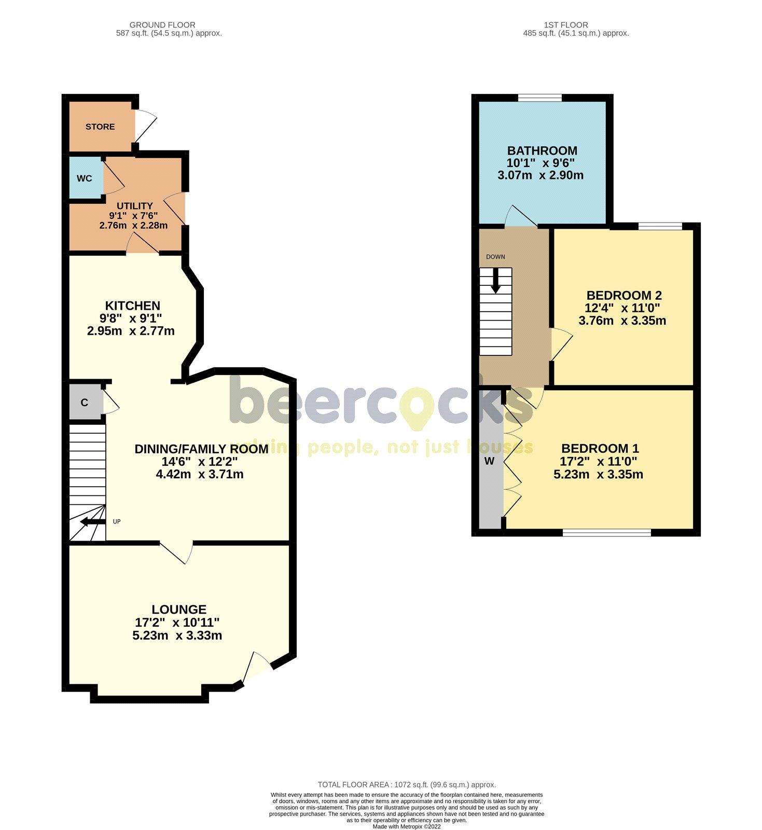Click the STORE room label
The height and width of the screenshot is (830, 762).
point(100,127)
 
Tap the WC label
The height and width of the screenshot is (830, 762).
point(85,178)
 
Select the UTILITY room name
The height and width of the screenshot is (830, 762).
point(135,206)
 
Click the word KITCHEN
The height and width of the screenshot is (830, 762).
point(133,306)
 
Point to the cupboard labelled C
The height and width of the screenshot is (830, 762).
point(85,403)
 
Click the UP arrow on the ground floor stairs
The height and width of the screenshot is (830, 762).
point(93,521)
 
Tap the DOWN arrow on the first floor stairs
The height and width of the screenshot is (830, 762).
point(496,281)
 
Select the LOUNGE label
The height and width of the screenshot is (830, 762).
point(179,610)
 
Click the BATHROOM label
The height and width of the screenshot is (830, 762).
point(542,150)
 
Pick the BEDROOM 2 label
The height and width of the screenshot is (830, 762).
point(624,295)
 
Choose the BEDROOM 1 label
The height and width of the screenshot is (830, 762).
point(600,448)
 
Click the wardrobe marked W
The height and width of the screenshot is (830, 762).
point(489,461)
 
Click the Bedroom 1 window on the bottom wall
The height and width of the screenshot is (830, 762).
point(607,532)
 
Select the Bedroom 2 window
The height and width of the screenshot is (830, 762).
point(660,226)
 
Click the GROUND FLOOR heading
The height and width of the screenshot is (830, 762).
point(162,25)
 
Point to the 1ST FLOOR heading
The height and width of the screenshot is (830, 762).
point(566,25)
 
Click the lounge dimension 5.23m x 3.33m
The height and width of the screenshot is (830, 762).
point(177,635)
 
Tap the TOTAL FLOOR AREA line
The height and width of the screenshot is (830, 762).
point(407,785)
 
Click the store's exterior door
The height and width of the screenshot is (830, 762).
point(144,125)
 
